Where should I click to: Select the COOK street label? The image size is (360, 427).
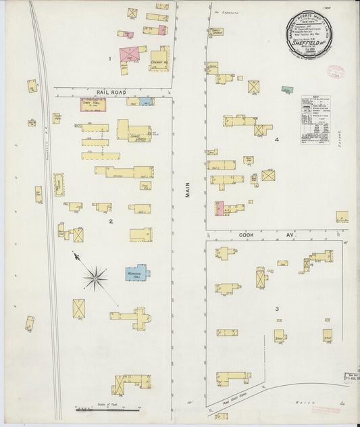point(247,236)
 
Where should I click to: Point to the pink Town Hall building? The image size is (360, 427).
point(94,105)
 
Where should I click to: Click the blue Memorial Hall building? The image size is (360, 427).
point(138,272)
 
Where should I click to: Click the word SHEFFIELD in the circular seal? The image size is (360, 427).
point(313,39)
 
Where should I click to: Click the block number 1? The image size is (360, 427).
point(110,59)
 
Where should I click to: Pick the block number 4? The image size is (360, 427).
point(276,140)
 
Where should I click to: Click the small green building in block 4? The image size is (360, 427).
point(287,89)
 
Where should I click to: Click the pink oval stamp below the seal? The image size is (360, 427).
point(335,72)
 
